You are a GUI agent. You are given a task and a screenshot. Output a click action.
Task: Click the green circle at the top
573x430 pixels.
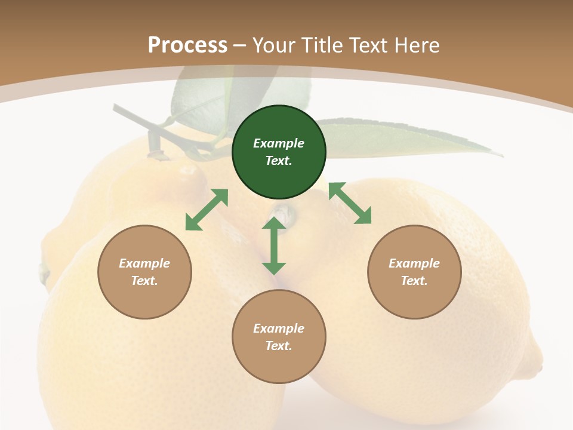pos(279,152)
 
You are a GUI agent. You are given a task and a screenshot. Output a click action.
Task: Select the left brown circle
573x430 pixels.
pos(144,272)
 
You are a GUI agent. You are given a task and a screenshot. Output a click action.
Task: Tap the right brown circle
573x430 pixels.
pos(414,272)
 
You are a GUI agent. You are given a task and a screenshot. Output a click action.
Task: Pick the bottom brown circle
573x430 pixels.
pos(279,337)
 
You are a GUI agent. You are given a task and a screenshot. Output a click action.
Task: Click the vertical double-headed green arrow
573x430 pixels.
pos(274,245)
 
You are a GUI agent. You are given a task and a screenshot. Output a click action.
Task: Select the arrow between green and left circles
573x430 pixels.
pos(207,210)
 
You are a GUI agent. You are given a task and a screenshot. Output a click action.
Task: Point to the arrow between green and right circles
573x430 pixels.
pos(350,204)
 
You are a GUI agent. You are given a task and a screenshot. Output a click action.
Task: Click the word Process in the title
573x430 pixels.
pos(187,45)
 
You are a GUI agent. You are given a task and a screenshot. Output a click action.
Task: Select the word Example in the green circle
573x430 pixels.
pos(279,143)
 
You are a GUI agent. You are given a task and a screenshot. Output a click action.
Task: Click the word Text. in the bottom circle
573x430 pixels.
pos(279,346)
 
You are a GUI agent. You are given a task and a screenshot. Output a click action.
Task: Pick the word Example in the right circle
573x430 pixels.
pos(414,263)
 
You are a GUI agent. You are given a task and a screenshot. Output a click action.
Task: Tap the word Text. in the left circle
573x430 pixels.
pos(144,281)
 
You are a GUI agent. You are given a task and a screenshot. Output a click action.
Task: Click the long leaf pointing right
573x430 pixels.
pos(418,139)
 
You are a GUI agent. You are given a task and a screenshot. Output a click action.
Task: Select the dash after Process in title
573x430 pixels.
pos(240,45)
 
